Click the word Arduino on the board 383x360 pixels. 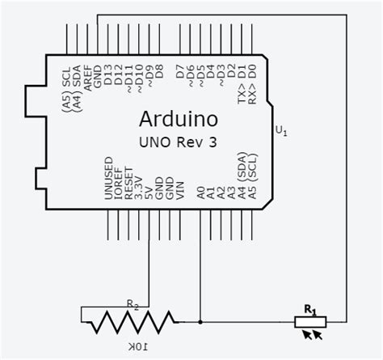[x=179, y=120]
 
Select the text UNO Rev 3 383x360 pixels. [x=179, y=142]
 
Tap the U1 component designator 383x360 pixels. [x=280, y=130]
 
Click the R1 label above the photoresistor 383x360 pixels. [x=309, y=308]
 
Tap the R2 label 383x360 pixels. [x=133, y=305]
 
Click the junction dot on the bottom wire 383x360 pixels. [x=200, y=322]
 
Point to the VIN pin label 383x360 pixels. [x=179, y=191]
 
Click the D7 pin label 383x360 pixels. [x=179, y=77]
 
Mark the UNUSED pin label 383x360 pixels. [x=107, y=180]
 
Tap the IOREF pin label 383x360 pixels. [x=118, y=184]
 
